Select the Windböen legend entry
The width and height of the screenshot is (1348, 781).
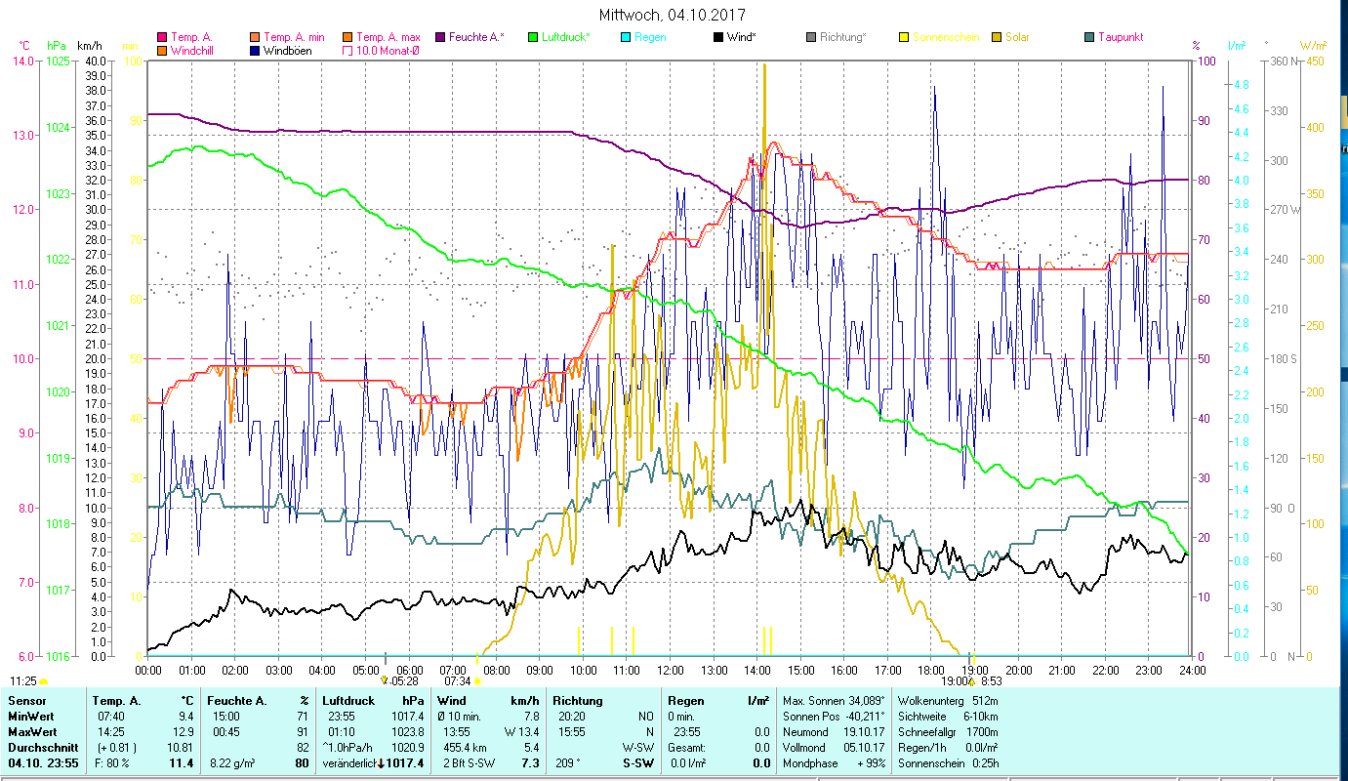pos(287,51)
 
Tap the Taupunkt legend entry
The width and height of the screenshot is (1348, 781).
pos(1120,37)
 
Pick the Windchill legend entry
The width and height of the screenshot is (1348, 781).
pos(196,51)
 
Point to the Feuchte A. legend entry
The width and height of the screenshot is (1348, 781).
pos(476,37)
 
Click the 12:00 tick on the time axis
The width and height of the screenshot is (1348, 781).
pos(671,671)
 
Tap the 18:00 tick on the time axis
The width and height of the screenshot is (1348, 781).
pos(931,671)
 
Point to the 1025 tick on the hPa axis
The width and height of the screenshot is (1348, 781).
pos(58,62)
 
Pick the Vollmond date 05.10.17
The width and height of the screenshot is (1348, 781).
pos(865,748)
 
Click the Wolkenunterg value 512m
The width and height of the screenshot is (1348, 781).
pos(993,701)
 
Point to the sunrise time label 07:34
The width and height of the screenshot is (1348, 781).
pos(458,681)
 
